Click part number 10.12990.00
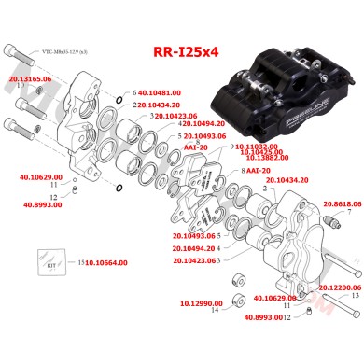(201, 303)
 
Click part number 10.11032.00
(257, 146)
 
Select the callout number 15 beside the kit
(80, 263)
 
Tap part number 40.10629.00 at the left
(39, 176)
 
